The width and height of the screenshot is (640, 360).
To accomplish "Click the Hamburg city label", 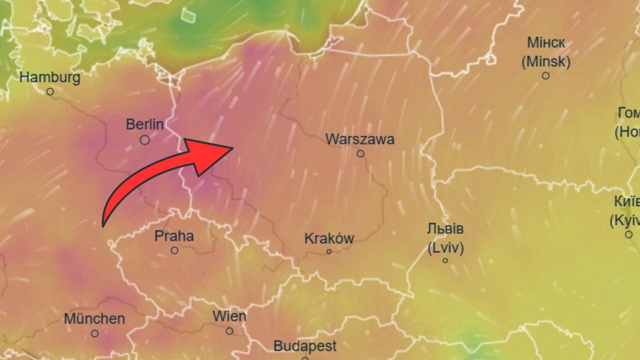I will tap(50, 78).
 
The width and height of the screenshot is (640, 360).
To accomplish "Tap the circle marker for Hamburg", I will tap(50, 92).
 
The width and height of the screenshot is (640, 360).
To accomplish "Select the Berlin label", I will tap(145, 125).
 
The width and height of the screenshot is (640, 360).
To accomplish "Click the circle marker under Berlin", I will tap(145, 140).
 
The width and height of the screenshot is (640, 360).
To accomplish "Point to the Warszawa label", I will tap(360, 139).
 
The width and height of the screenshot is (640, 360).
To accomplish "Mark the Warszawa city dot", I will tap(361, 154).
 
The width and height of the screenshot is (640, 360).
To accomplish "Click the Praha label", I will tap(174, 236).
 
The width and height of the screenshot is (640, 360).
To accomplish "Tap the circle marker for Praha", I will tap(174, 250).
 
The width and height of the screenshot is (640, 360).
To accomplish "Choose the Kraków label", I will tap(329, 238).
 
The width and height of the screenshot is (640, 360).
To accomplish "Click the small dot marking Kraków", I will tap(329, 252).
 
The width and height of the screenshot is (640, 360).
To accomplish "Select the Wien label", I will tap(229, 316).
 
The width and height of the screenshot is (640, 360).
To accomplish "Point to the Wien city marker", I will tap(229, 331).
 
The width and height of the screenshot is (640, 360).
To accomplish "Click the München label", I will tap(94, 319).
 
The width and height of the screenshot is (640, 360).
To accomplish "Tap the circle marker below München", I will tap(94, 333).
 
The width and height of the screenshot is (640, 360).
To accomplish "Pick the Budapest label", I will tap(305, 346).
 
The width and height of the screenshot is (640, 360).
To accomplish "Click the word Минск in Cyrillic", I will tap(546, 43).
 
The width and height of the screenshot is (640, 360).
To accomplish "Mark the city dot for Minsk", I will tap(546, 76).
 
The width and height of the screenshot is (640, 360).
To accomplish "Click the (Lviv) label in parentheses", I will tap(445, 248).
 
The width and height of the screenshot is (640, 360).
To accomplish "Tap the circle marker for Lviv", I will tap(445, 261).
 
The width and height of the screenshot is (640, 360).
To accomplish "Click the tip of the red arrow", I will tap(233, 147).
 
